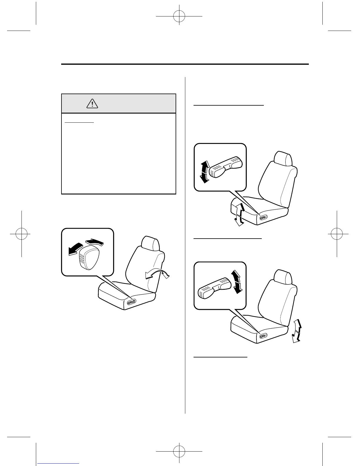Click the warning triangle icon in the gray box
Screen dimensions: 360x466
point(92,103)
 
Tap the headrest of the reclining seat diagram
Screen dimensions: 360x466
point(150,243)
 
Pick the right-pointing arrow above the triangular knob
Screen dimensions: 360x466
point(95,242)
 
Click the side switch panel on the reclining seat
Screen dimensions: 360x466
point(131,302)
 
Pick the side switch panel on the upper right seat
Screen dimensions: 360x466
point(263,217)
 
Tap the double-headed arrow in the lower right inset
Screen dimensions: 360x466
point(237,282)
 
